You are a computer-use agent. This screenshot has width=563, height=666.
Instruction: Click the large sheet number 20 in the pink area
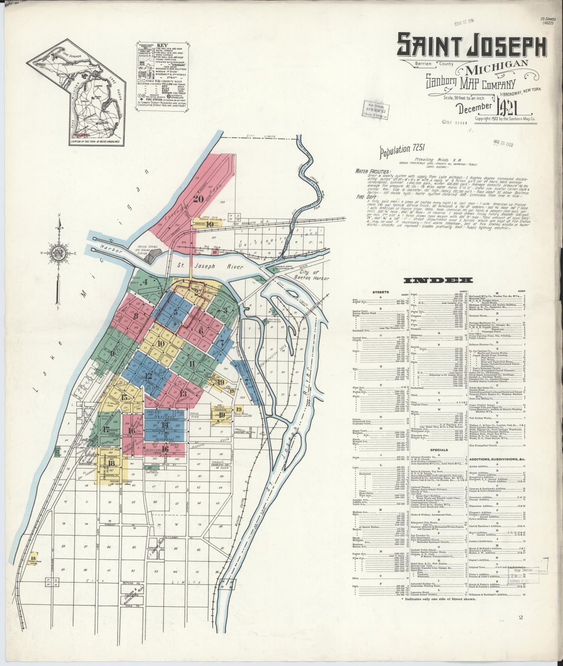click(x=199, y=199)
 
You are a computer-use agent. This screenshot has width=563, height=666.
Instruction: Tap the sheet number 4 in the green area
click(x=145, y=282)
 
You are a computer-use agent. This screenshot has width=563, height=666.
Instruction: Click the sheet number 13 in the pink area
click(x=183, y=393)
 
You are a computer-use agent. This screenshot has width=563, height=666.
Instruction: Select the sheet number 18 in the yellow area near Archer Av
click(x=111, y=463)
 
